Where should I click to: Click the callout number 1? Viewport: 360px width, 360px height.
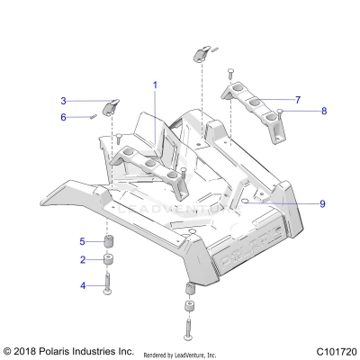[x=154, y=85]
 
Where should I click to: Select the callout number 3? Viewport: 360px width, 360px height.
[x=64, y=101]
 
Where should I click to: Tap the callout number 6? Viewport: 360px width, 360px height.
[x=64, y=117]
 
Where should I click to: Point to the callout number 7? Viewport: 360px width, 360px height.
[x=298, y=100]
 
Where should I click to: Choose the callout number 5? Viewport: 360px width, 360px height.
[x=82, y=241]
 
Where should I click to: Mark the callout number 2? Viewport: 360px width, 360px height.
[x=82, y=260]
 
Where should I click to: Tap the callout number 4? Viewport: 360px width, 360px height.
[x=82, y=285]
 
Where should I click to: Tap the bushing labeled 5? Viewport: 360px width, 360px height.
[x=107, y=242]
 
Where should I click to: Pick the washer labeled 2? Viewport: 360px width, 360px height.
[x=107, y=261]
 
